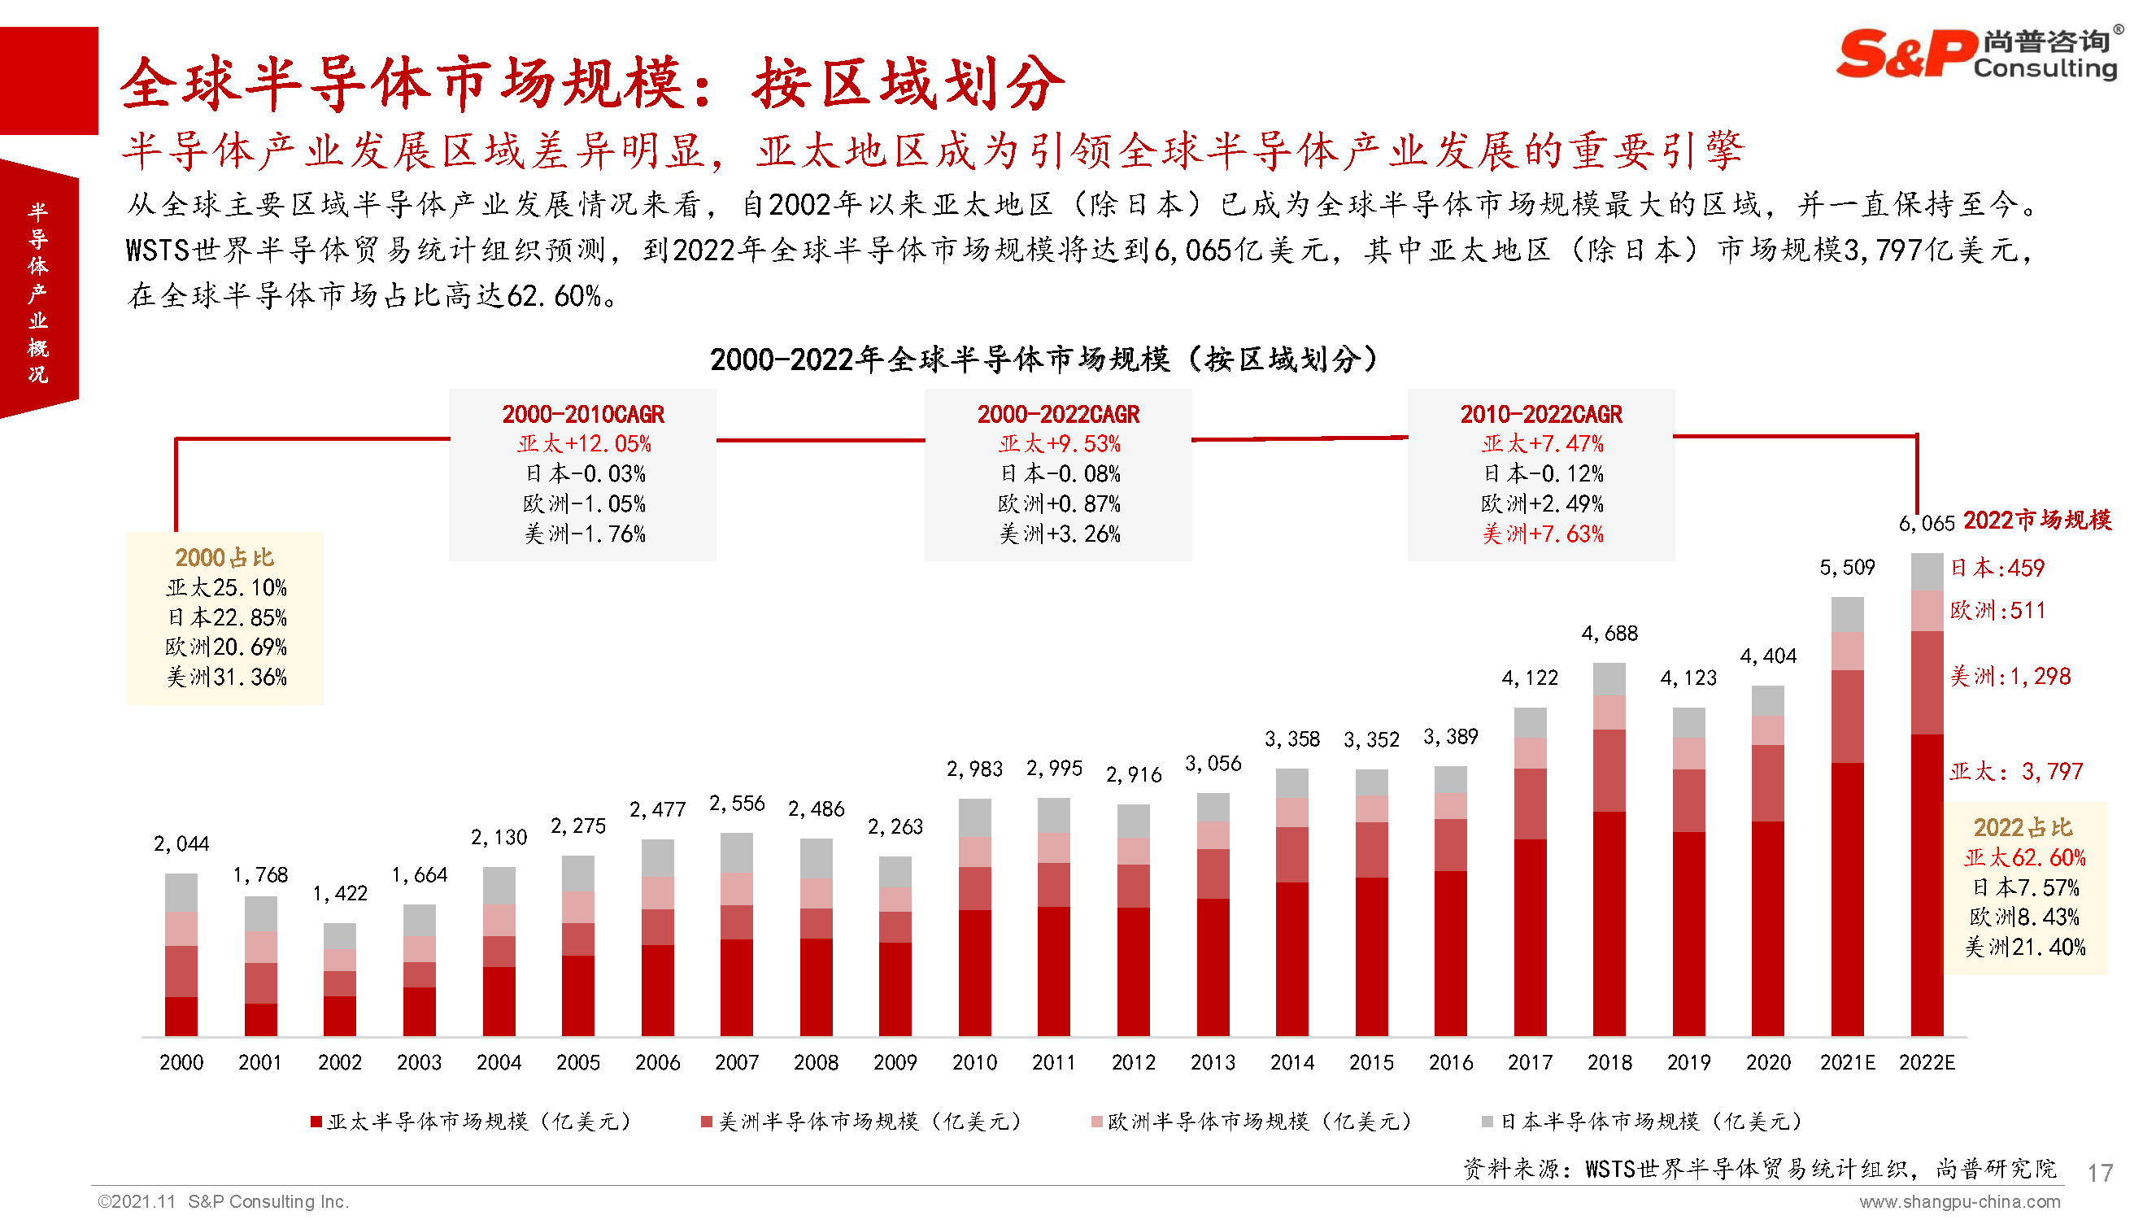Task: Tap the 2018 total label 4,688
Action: tap(1608, 634)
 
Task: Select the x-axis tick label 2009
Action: tap(895, 1062)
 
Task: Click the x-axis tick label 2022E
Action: tap(1926, 1062)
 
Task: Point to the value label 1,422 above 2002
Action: tap(339, 893)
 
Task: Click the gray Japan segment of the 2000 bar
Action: tap(181, 891)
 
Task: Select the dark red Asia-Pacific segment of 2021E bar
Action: tap(1846, 896)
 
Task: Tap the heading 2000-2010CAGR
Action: tap(582, 414)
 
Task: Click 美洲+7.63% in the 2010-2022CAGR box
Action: tap(1541, 534)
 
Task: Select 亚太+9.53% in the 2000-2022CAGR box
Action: tap(1059, 443)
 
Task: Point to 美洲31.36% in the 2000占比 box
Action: tap(225, 677)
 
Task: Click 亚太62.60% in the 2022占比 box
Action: tap(2023, 857)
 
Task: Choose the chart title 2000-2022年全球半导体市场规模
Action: tap(1043, 359)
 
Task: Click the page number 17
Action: tap(2099, 1172)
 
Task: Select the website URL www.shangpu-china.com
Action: tap(1959, 1202)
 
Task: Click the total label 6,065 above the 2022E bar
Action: tap(1926, 523)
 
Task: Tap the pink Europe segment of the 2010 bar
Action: tap(974, 852)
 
